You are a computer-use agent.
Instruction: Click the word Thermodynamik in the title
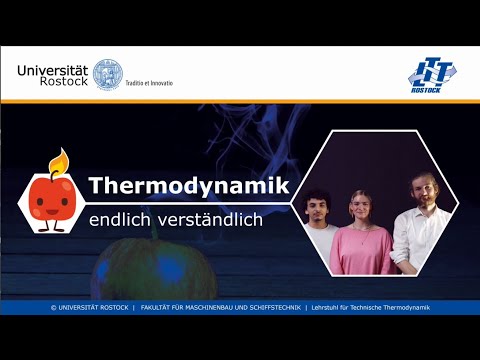pyautogui.click(x=189, y=187)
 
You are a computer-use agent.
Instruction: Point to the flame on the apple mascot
pyautogui.click(x=61, y=160)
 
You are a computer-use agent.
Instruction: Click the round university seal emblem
pyautogui.click(x=107, y=73)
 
